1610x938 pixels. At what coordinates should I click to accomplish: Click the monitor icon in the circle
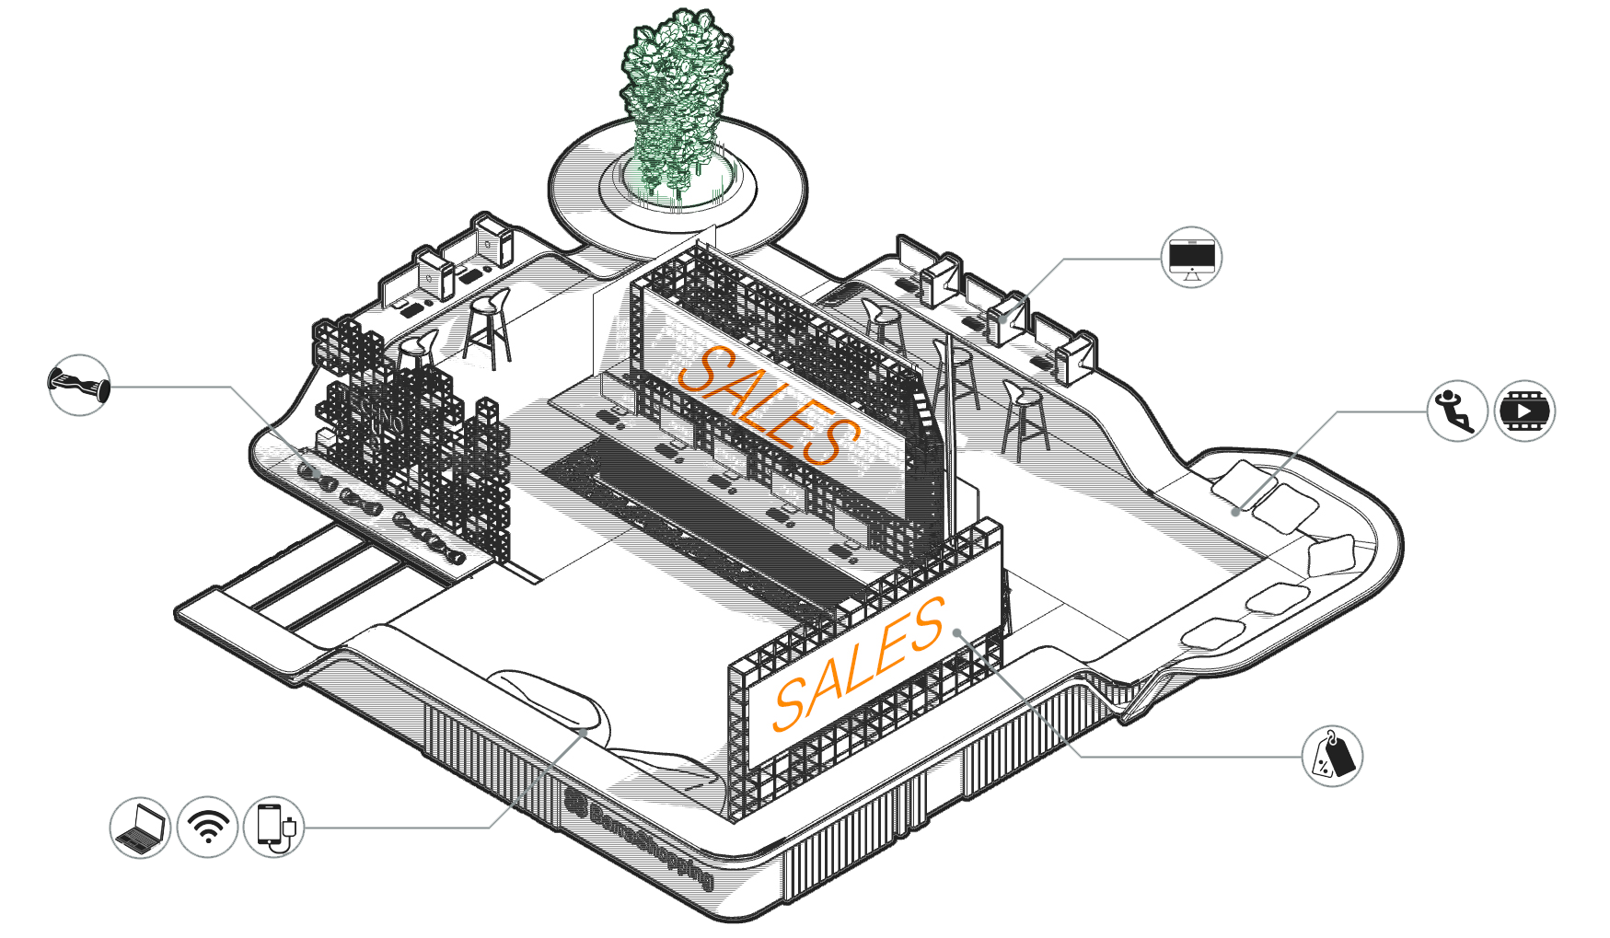[x=1191, y=257]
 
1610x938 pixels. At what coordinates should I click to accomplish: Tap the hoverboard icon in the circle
[x=79, y=385]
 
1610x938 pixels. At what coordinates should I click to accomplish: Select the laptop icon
[x=140, y=828]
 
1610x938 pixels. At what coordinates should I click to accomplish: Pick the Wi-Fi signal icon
[x=207, y=828]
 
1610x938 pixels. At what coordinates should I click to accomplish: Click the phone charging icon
[x=274, y=828]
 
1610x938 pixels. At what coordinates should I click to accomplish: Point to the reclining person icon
[x=1457, y=411]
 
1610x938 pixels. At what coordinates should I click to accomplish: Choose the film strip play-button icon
[x=1524, y=411]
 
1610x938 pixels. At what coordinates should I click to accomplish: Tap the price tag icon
[x=1332, y=756]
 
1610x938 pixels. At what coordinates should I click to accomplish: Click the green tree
[x=677, y=101]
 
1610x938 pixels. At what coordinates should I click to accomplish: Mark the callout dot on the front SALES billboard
[x=957, y=632]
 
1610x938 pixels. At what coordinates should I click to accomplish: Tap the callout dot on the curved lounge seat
[x=584, y=731]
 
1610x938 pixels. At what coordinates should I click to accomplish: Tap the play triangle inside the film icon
[x=1524, y=411]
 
